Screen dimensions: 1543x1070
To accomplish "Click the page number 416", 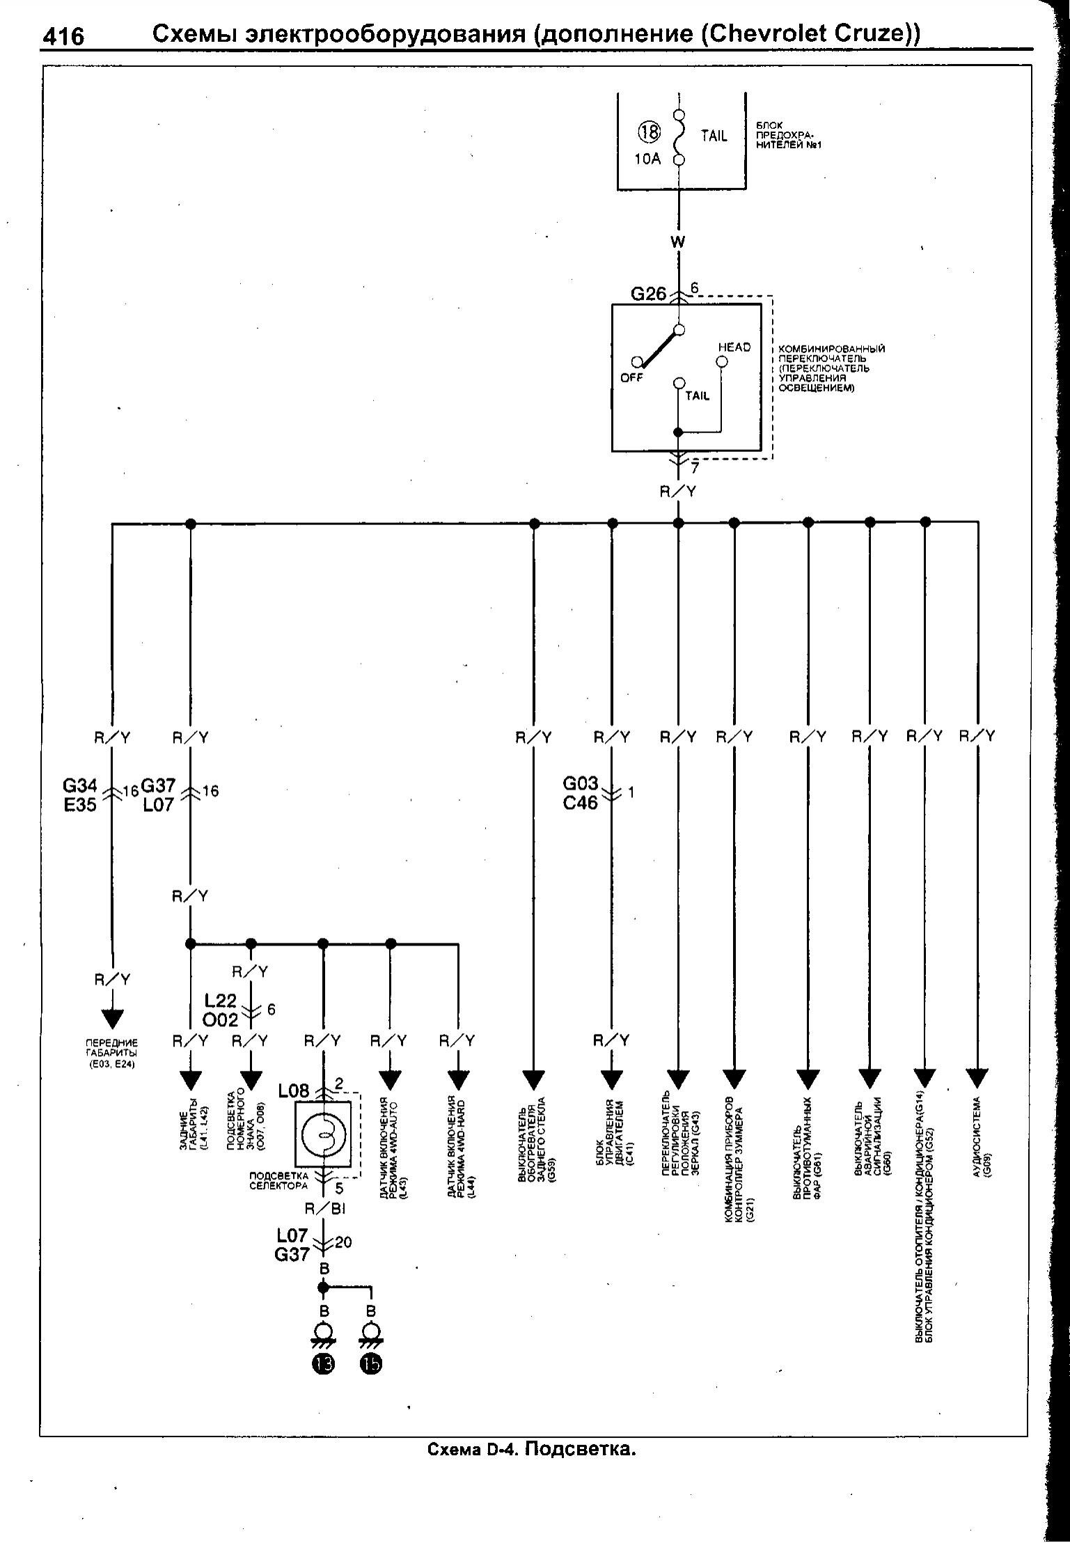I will (63, 36).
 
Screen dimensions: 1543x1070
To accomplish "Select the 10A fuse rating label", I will (647, 159).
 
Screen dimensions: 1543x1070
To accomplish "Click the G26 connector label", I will (648, 294).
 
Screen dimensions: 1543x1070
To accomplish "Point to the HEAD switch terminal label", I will (734, 347).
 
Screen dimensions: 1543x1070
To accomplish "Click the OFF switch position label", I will (632, 378).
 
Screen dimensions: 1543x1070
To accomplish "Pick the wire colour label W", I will (677, 242).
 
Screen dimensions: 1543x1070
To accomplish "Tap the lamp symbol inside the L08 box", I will (324, 1135).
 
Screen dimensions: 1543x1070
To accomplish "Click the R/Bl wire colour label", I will (325, 1209).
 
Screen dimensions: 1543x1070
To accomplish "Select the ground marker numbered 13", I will (323, 1365).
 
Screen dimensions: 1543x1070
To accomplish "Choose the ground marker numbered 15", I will (370, 1365).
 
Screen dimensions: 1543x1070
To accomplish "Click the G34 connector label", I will (80, 785).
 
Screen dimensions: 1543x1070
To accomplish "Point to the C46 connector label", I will (581, 803).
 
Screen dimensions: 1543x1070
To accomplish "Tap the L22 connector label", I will (221, 1001).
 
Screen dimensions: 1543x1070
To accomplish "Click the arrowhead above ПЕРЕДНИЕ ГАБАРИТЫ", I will (111, 1019).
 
